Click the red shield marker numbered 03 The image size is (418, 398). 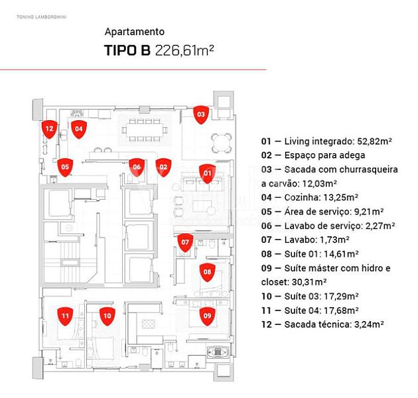tap(201, 115)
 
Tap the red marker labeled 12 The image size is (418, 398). tap(49, 129)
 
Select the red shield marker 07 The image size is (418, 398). tap(185, 243)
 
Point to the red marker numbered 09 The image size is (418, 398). tap(208, 316)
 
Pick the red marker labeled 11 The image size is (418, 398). tap(65, 316)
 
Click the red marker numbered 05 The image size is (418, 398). tap(65, 167)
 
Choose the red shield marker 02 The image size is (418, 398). tap(163, 167)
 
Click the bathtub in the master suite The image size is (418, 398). tap(218, 352)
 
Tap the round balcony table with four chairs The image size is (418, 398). tap(221, 143)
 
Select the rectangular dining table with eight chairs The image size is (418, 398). tap(145, 131)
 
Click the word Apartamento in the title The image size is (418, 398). tap(134, 32)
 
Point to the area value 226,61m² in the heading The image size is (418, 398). tap(184, 50)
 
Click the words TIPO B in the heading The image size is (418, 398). tap(127, 50)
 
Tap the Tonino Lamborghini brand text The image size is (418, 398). tap(41, 17)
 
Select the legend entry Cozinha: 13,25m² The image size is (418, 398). tap(309, 198)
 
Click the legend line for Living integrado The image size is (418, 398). tap(326, 141)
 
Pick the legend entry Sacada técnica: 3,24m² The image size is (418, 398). tap(322, 324)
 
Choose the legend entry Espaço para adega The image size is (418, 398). tap(313, 155)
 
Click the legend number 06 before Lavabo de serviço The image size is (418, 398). tap(266, 226)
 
